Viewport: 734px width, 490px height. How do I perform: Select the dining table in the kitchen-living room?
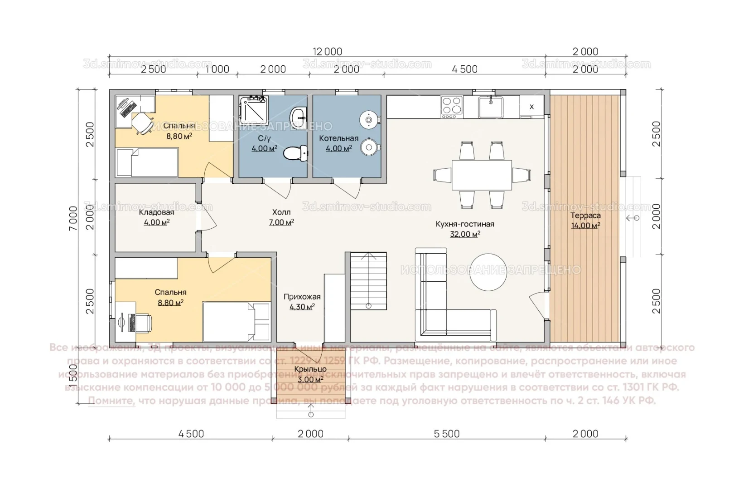pyautogui.click(x=482, y=175)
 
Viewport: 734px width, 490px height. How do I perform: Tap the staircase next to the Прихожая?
pyautogui.click(x=368, y=281)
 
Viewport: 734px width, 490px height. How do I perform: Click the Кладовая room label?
pyautogui.click(x=156, y=212)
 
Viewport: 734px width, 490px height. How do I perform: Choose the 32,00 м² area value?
pyautogui.click(x=465, y=234)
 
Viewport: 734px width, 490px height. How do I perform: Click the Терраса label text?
pyautogui.click(x=585, y=216)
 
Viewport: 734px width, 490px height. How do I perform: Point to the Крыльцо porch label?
pyautogui.click(x=310, y=369)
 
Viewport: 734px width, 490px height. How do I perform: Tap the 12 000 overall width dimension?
pyautogui.click(x=327, y=51)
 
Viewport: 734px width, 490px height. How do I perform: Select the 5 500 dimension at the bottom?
pyautogui.click(x=447, y=434)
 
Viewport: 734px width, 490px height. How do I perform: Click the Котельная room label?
pyautogui.click(x=338, y=138)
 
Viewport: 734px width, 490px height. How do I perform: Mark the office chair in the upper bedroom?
pyautogui.click(x=142, y=122)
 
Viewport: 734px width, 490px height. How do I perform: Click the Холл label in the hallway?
pyautogui.click(x=281, y=212)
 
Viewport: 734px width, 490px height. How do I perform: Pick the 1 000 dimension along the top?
pyautogui.click(x=217, y=69)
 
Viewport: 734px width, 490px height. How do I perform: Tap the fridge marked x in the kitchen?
pyautogui.click(x=531, y=107)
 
